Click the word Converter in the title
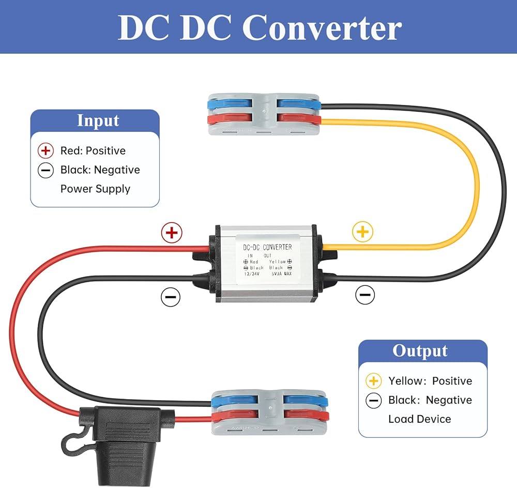point(322,28)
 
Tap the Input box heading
point(98,120)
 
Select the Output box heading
point(419,350)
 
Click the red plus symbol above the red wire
point(172,233)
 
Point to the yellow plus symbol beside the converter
point(362,232)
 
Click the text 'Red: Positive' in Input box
point(93,151)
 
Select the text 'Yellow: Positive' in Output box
point(430,381)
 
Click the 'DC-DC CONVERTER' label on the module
point(267,248)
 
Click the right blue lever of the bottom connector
point(305,400)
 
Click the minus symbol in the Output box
point(373,401)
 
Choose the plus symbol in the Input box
point(45,151)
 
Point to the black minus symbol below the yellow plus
point(364,296)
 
